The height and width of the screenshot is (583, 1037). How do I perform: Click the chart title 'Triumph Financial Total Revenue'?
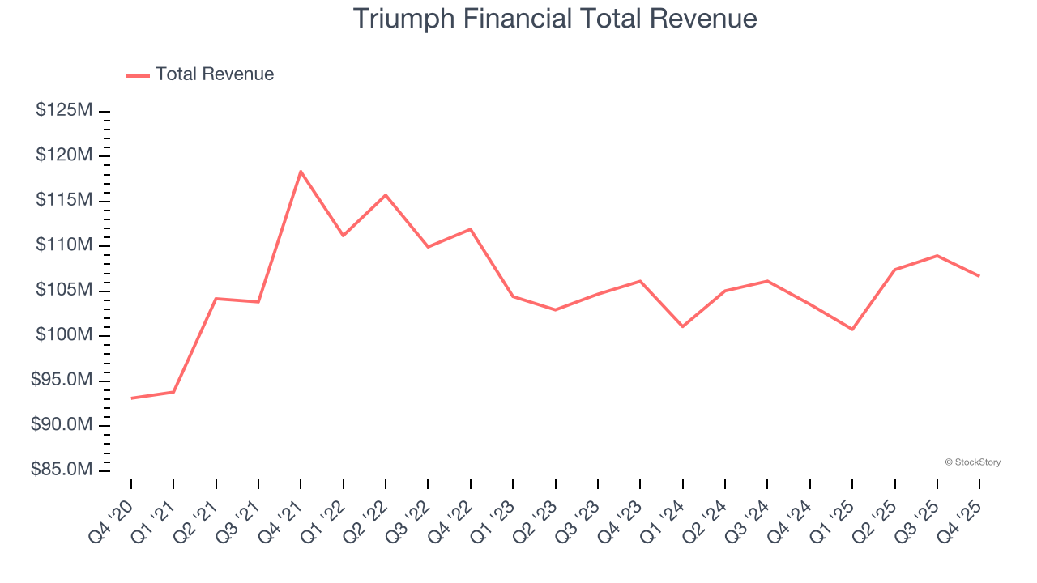[x=555, y=19]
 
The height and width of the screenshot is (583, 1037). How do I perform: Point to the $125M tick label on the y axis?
[x=64, y=110]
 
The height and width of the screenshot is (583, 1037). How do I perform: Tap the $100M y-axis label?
[x=64, y=335]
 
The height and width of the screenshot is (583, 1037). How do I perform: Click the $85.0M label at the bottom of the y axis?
[x=62, y=470]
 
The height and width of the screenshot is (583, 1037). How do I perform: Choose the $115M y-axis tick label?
[x=64, y=200]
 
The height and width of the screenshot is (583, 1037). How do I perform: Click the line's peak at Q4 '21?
[x=301, y=172]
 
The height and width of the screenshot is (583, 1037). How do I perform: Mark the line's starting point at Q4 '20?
[x=131, y=398]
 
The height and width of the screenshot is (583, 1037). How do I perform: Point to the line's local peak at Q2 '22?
[x=386, y=195]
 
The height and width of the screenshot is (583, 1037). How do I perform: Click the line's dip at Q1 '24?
[x=682, y=326]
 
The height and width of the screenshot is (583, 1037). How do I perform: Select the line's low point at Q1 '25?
[x=852, y=329]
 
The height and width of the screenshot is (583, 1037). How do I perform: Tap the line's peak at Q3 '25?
[x=937, y=256]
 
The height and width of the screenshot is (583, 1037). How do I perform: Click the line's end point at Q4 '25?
[x=979, y=276]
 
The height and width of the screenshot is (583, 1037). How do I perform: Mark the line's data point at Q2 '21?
[x=216, y=299]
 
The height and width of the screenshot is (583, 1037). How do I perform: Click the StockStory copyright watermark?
[x=972, y=462]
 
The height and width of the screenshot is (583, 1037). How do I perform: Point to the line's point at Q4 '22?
[x=471, y=229]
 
